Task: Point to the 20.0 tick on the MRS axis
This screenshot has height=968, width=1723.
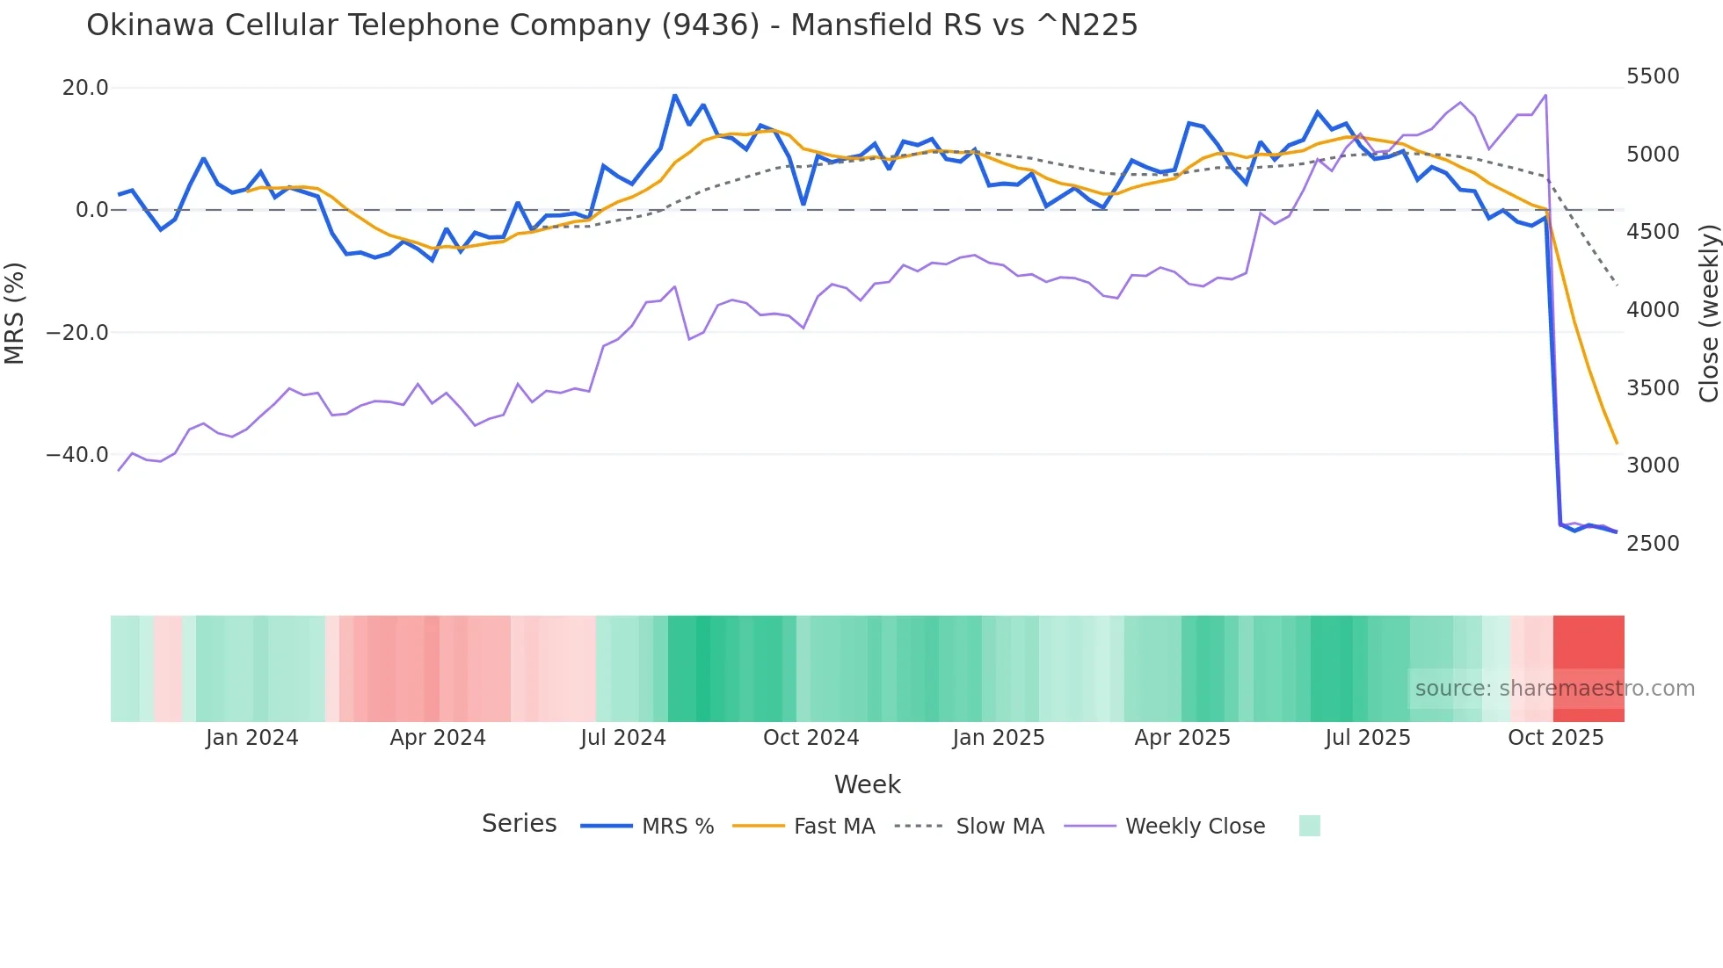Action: pyautogui.click(x=85, y=88)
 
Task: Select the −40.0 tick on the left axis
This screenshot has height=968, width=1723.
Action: pyautogui.click(x=77, y=455)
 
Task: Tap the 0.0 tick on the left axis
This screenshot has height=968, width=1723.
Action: pyautogui.click(x=91, y=210)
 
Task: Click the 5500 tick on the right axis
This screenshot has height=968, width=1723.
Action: pyautogui.click(x=1653, y=76)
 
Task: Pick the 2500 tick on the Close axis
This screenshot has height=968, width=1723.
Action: pyautogui.click(x=1653, y=543)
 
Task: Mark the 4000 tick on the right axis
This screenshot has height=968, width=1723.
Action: pyautogui.click(x=1653, y=309)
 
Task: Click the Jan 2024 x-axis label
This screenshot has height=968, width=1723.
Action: pyautogui.click(x=252, y=738)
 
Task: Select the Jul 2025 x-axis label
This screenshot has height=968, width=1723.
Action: pyautogui.click(x=1368, y=738)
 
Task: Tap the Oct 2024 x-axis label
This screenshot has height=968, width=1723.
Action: pyautogui.click(x=811, y=738)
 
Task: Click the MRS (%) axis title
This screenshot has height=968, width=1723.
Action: pyautogui.click(x=15, y=313)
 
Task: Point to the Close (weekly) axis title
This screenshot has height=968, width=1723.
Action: pyautogui.click(x=1708, y=313)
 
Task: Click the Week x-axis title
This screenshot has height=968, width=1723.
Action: pyautogui.click(x=867, y=784)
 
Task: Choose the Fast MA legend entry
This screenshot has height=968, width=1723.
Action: pyautogui.click(x=833, y=827)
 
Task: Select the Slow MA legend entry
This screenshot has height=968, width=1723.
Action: pyautogui.click(x=1000, y=827)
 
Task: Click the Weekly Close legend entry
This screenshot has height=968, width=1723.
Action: pyautogui.click(x=1195, y=827)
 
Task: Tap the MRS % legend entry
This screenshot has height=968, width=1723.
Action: pyautogui.click(x=677, y=827)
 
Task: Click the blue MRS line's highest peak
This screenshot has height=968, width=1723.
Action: pyautogui.click(x=675, y=95)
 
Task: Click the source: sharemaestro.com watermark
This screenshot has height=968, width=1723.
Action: pyautogui.click(x=1554, y=689)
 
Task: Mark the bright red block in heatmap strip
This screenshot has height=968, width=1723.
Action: pyautogui.click(x=1589, y=650)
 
